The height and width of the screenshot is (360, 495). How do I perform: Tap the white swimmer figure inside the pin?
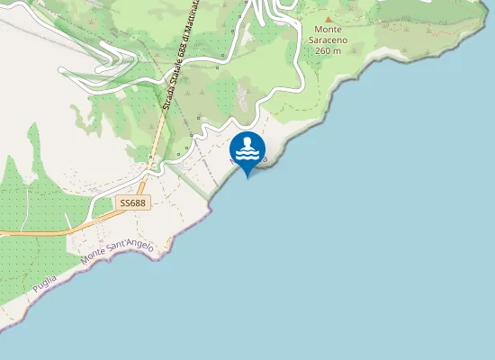tap(247, 144)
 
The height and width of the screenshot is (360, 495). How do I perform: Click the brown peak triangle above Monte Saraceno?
tap(328, 19)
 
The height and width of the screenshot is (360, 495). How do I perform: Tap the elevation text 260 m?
tap(328, 50)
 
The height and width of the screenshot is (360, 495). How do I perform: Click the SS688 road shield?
tap(132, 203)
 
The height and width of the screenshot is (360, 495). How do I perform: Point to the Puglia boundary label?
tap(43, 283)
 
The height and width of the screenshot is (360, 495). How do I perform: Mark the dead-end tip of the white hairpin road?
tap(60, 68)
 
